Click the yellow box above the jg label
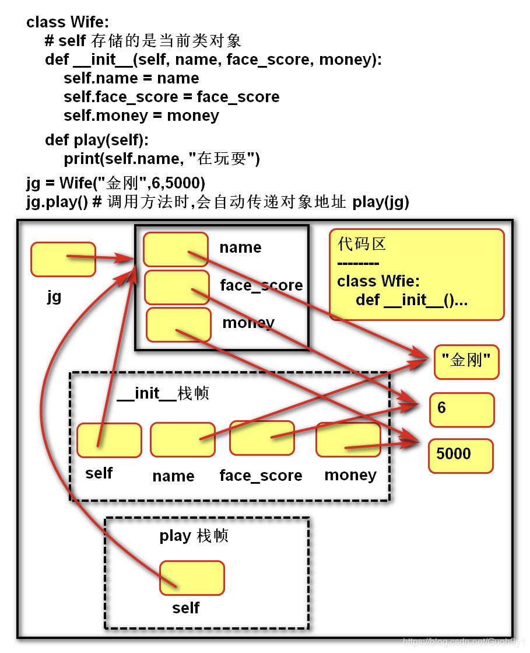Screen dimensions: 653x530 (x=63, y=259)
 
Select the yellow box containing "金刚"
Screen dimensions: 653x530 (x=466, y=362)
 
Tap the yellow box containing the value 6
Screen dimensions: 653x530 (x=462, y=410)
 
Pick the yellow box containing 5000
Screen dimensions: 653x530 (x=461, y=456)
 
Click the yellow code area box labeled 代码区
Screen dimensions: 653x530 (x=416, y=274)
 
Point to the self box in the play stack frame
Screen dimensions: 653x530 (x=192, y=578)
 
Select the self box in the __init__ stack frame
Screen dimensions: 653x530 (x=109, y=440)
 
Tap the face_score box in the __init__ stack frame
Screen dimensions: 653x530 (x=261, y=438)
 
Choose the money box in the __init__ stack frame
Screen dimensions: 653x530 (x=348, y=439)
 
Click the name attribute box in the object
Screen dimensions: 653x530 (x=176, y=250)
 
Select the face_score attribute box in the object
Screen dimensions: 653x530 (x=176, y=287)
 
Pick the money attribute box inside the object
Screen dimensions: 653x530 (x=178, y=324)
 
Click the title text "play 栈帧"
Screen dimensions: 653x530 (x=194, y=536)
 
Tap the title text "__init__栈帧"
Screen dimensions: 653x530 (x=163, y=393)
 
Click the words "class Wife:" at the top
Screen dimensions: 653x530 (x=68, y=22)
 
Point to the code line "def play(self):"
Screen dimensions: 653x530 (x=97, y=140)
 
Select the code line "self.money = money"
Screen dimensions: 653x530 (x=141, y=116)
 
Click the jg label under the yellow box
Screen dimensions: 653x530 (x=54, y=296)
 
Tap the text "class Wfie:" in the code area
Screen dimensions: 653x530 (x=378, y=281)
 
